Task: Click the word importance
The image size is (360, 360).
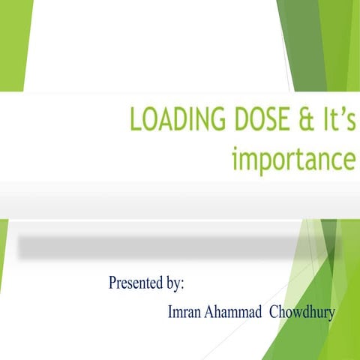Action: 292,158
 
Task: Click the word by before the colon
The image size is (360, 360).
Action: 172,284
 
